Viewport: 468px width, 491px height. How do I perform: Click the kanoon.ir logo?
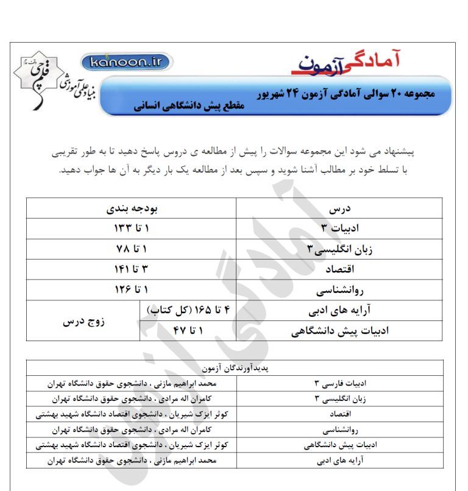pos(126,62)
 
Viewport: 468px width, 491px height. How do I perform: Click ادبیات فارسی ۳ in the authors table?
pos(339,384)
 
